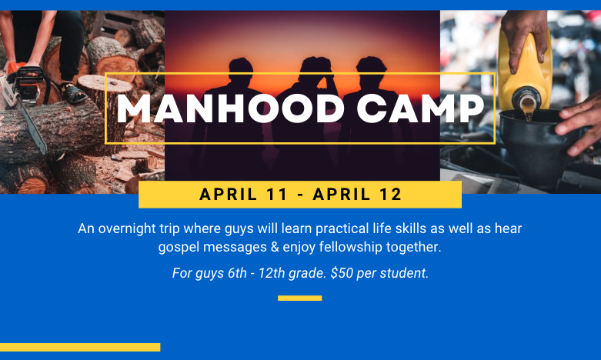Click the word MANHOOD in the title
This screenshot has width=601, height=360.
click(230, 108)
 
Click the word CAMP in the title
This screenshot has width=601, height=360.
click(420, 108)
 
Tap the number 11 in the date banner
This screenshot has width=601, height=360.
click(276, 194)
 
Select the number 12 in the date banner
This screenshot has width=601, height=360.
click(391, 194)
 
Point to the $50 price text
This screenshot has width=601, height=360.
click(342, 273)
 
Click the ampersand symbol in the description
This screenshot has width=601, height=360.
click(275, 247)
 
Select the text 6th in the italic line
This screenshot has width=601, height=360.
click(237, 273)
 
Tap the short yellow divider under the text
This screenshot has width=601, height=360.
click(300, 298)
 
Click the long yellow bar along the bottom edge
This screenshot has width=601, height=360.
click(80, 348)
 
